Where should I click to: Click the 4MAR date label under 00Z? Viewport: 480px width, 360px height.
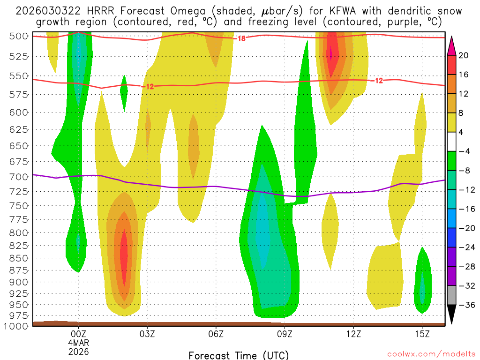78,343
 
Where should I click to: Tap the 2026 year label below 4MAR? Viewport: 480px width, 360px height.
78,351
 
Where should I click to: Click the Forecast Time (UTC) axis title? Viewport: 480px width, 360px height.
239,355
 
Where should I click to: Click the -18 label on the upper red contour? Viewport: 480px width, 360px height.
241,38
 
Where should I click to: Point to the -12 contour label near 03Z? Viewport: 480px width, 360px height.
149,86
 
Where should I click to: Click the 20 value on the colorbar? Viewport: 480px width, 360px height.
464,55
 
